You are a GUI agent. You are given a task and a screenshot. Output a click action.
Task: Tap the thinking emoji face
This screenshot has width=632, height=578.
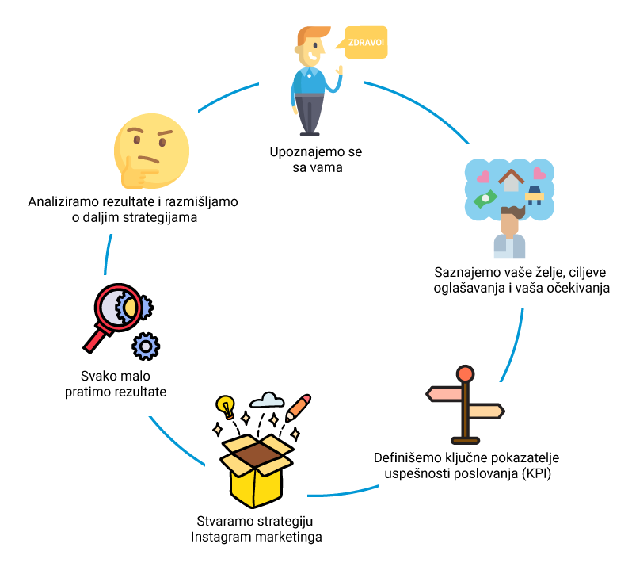pyautogui.click(x=151, y=151)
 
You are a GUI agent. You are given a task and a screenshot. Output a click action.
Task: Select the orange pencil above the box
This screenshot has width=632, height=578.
pyautogui.click(x=299, y=408)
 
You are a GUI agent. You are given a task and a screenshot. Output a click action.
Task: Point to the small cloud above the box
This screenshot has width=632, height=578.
pyautogui.click(x=267, y=400)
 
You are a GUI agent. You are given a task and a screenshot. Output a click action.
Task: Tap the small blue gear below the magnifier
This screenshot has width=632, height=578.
pyautogui.click(x=146, y=346)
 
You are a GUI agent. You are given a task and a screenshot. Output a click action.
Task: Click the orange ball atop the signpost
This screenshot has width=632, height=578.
pyautogui.click(x=465, y=374)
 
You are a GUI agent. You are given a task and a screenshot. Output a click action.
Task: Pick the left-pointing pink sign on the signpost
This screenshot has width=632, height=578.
pyautogui.click(x=444, y=394)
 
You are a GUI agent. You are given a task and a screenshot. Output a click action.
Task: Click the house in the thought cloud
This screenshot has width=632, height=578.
pyautogui.click(x=511, y=180)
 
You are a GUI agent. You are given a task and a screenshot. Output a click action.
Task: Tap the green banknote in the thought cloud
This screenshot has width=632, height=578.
pyautogui.click(x=485, y=198)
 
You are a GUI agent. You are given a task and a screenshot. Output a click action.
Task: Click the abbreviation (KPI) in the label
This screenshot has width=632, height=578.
pyautogui.click(x=536, y=473)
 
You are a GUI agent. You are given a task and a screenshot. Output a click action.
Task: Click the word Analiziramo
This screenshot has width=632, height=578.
pyautogui.click(x=63, y=201)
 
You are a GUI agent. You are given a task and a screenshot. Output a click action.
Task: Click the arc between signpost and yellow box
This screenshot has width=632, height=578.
pyautogui.click(x=344, y=493)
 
